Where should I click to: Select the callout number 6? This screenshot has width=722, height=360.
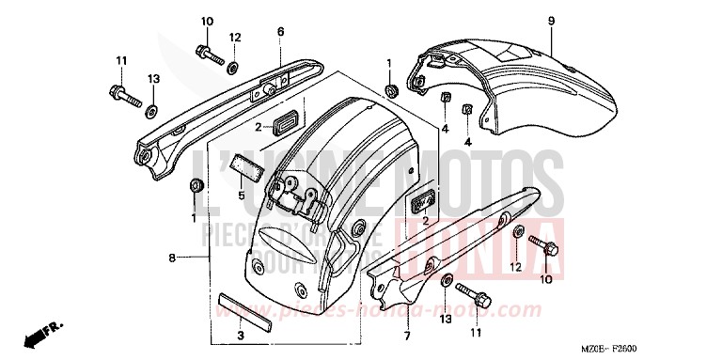(x=280, y=32)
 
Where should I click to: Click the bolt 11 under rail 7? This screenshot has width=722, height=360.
(x=478, y=301)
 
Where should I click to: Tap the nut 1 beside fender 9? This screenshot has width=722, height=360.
(x=389, y=90)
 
